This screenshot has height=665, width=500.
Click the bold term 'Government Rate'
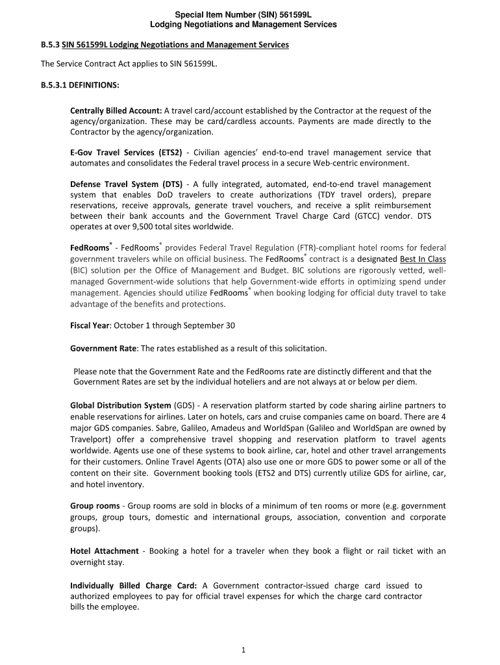coord(103,348)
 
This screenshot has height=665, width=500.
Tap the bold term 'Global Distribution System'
coord(121,405)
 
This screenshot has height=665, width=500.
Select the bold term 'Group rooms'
coord(95,505)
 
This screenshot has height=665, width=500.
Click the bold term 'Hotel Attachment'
coord(104,551)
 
